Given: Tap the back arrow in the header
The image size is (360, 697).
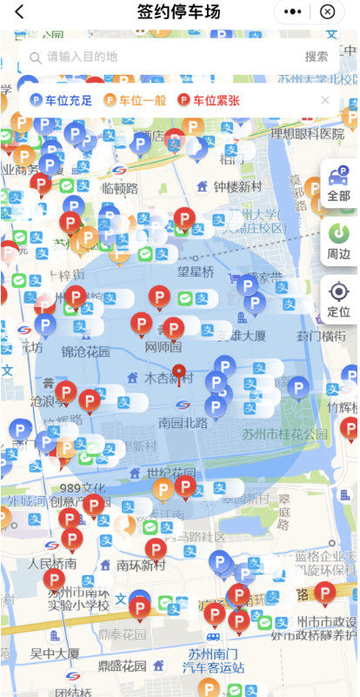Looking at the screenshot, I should pyautogui.click(x=19, y=12).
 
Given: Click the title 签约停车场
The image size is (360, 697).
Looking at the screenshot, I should pyautogui.click(x=178, y=12).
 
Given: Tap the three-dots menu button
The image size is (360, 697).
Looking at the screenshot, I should pyautogui.click(x=293, y=12).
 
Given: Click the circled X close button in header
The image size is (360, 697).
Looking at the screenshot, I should pyautogui.click(x=327, y=12).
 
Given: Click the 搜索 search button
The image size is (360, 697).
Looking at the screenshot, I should pyautogui.click(x=316, y=57).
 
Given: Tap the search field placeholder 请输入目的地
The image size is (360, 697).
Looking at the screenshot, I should pyautogui.click(x=82, y=57).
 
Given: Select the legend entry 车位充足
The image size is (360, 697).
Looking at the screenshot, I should pyautogui.click(x=62, y=100).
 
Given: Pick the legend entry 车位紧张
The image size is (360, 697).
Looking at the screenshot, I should pyautogui.click(x=209, y=100).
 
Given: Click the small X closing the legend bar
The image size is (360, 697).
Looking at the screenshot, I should pyautogui.click(x=325, y=100).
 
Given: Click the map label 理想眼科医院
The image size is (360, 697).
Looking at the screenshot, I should pyautogui.click(x=308, y=134).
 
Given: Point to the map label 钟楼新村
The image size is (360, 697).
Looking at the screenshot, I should pyautogui.click(x=237, y=186).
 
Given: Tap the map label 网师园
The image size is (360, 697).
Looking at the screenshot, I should pyautogui.click(x=163, y=347).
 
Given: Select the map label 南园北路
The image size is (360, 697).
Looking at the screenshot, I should pyautogui.click(x=183, y=423).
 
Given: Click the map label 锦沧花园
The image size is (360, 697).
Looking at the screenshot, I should pyautogui.click(x=86, y=352).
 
